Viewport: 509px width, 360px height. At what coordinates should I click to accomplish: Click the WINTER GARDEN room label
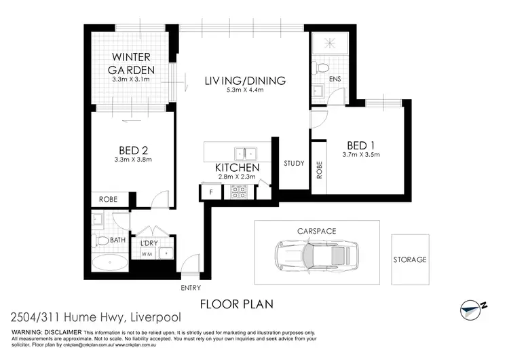point(133,62)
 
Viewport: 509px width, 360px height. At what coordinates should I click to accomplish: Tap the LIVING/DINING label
point(245,81)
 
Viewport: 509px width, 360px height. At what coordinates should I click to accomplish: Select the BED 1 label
point(360,145)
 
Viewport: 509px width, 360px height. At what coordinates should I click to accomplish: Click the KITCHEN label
point(237,167)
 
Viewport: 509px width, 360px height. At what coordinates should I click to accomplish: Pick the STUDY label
point(294,163)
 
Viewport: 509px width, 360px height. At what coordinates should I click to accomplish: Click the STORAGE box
point(410,259)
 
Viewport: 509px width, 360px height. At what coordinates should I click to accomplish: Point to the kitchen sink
point(244,152)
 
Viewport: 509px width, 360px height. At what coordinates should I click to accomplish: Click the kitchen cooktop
point(238,191)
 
